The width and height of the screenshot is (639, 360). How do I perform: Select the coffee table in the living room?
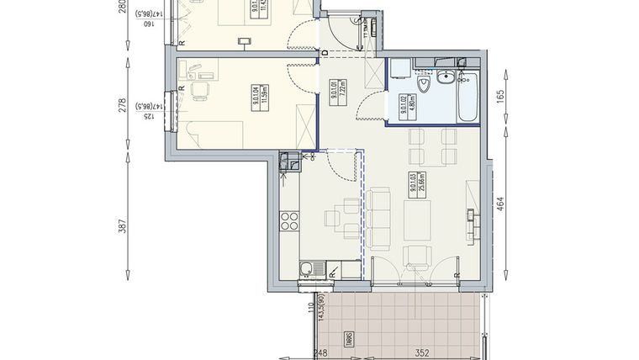coord(418,220)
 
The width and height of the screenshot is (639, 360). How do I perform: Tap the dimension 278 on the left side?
coord(122,105)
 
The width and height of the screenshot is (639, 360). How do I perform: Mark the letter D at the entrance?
coord(325,52)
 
